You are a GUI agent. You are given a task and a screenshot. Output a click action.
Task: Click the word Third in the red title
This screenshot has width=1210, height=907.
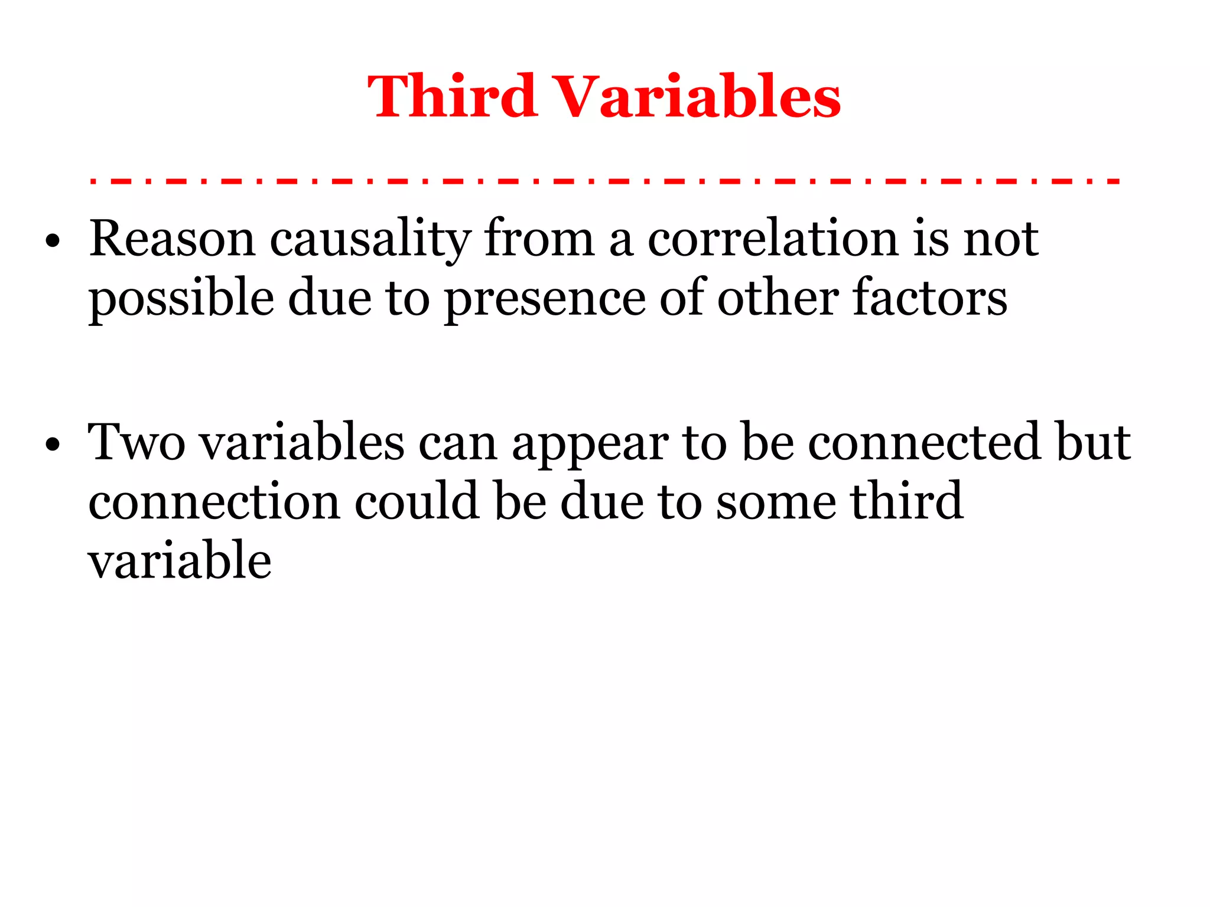452,96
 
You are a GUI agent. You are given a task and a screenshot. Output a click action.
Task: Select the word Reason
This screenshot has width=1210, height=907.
172,239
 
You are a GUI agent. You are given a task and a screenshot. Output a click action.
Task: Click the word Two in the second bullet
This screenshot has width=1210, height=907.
136,443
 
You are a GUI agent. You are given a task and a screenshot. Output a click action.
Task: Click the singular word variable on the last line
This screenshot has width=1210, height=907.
180,560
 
